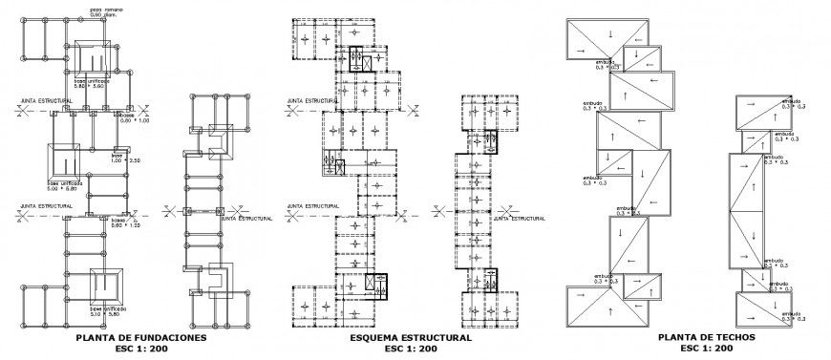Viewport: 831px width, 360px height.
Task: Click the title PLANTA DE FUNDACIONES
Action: [x=140, y=338]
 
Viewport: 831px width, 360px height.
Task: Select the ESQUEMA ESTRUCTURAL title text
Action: [x=410, y=338]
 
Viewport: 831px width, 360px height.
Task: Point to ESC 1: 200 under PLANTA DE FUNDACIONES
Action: [x=140, y=349]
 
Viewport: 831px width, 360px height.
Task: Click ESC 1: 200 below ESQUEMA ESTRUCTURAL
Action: [x=410, y=349]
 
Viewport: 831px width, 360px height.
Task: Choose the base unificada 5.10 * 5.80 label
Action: [x=113, y=311]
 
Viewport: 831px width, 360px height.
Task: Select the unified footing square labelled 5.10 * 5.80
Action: [x=106, y=285]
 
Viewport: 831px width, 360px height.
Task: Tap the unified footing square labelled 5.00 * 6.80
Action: [x=64, y=158]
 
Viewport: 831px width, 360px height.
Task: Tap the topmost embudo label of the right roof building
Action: [x=789, y=101]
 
